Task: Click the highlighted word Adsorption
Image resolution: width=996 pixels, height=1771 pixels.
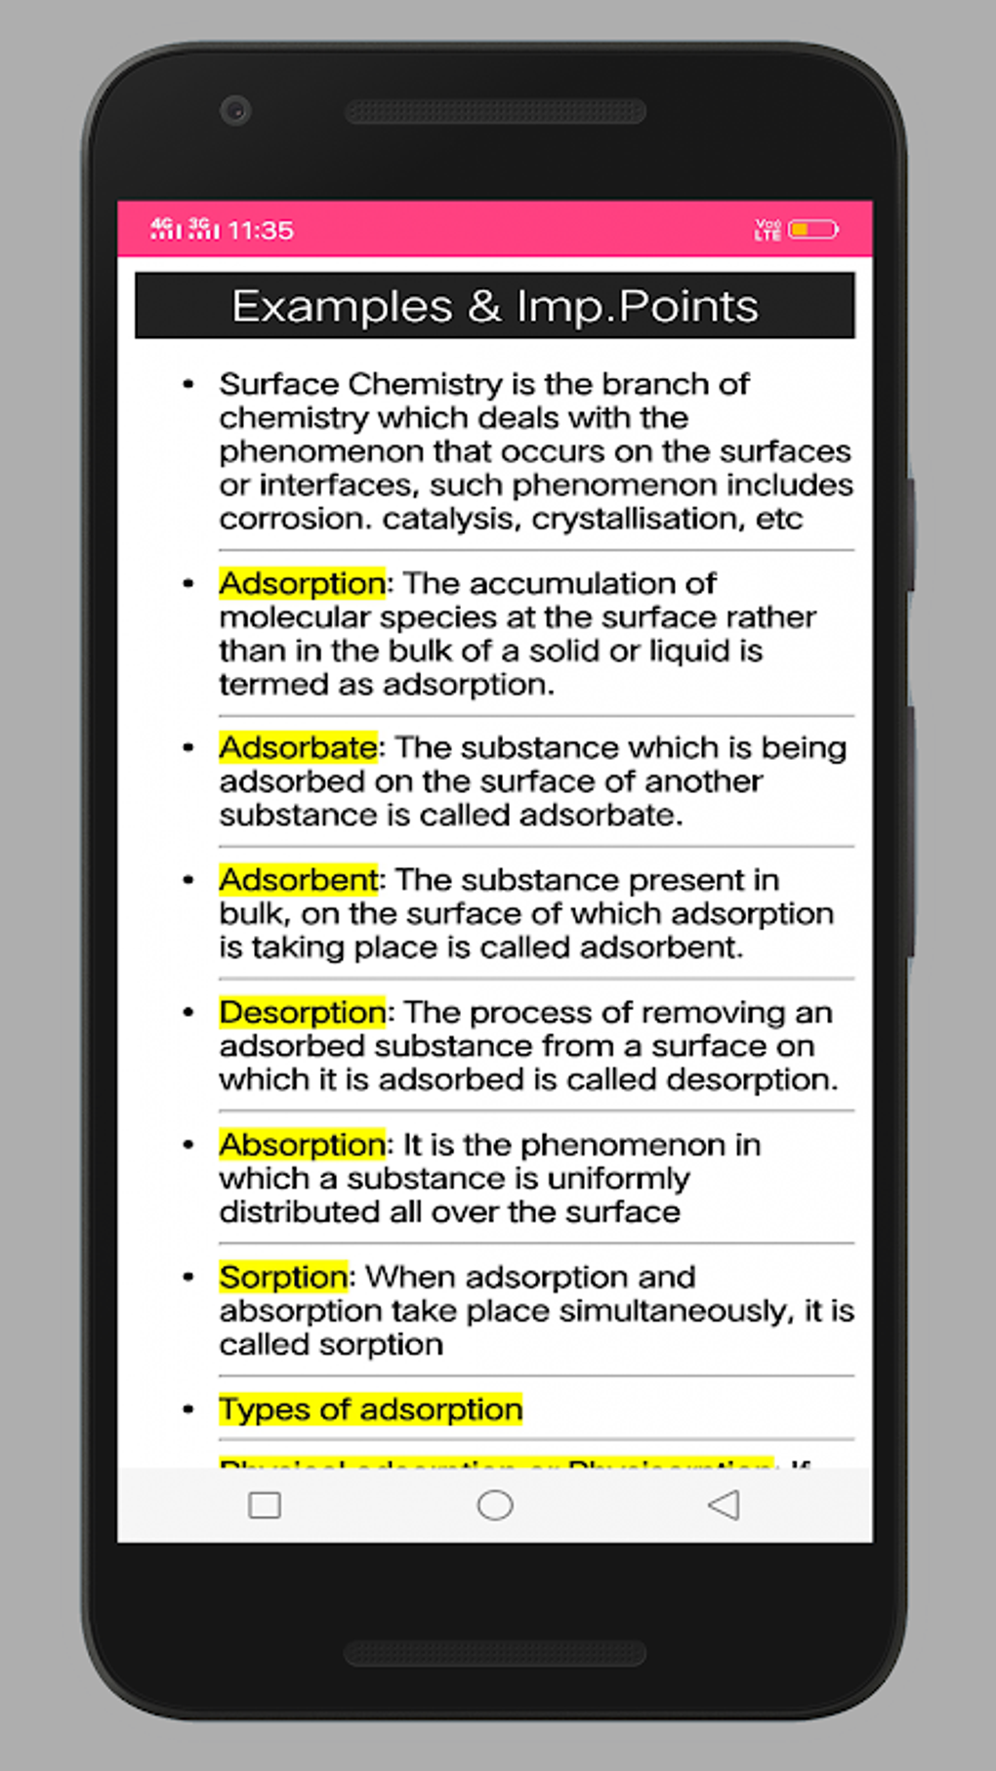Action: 302,583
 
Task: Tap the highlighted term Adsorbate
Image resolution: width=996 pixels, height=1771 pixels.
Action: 298,747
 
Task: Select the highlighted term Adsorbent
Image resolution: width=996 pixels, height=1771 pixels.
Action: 298,880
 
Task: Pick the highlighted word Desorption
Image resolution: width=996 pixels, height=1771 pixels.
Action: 302,1012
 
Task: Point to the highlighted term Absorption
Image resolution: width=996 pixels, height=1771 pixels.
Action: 302,1144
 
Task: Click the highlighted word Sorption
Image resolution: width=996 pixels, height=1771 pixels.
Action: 283,1277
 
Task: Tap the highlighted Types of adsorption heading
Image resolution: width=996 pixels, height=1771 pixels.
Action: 370,1409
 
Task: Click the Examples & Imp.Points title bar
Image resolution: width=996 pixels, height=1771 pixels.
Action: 494,306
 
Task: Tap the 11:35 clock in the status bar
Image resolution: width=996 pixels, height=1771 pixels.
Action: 261,231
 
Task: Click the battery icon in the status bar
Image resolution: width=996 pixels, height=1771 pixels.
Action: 812,230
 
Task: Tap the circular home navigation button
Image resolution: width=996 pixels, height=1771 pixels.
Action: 494,1505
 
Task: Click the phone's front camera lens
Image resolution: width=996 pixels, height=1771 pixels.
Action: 235,110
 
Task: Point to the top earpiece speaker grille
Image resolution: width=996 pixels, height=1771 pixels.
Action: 495,111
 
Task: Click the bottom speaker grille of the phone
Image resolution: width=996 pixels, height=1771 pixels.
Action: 495,1653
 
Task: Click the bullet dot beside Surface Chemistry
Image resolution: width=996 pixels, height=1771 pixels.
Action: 188,385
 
